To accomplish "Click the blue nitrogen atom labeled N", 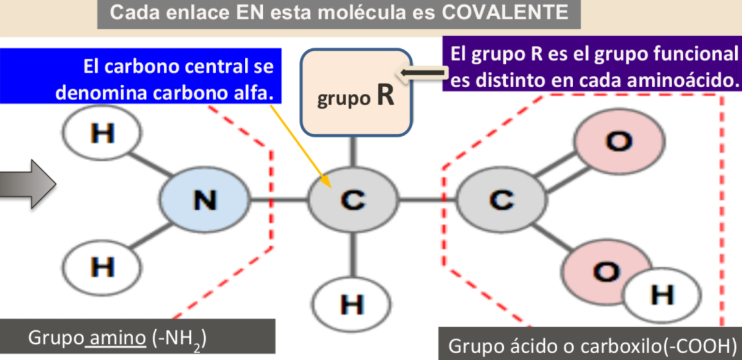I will (204, 199).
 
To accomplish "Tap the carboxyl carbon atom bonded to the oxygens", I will (501, 199).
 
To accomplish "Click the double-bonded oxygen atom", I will (619, 141).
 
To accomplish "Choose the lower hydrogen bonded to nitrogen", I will (102, 266).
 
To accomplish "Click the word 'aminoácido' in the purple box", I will (680, 80).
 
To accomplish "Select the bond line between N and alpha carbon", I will (278, 199).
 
